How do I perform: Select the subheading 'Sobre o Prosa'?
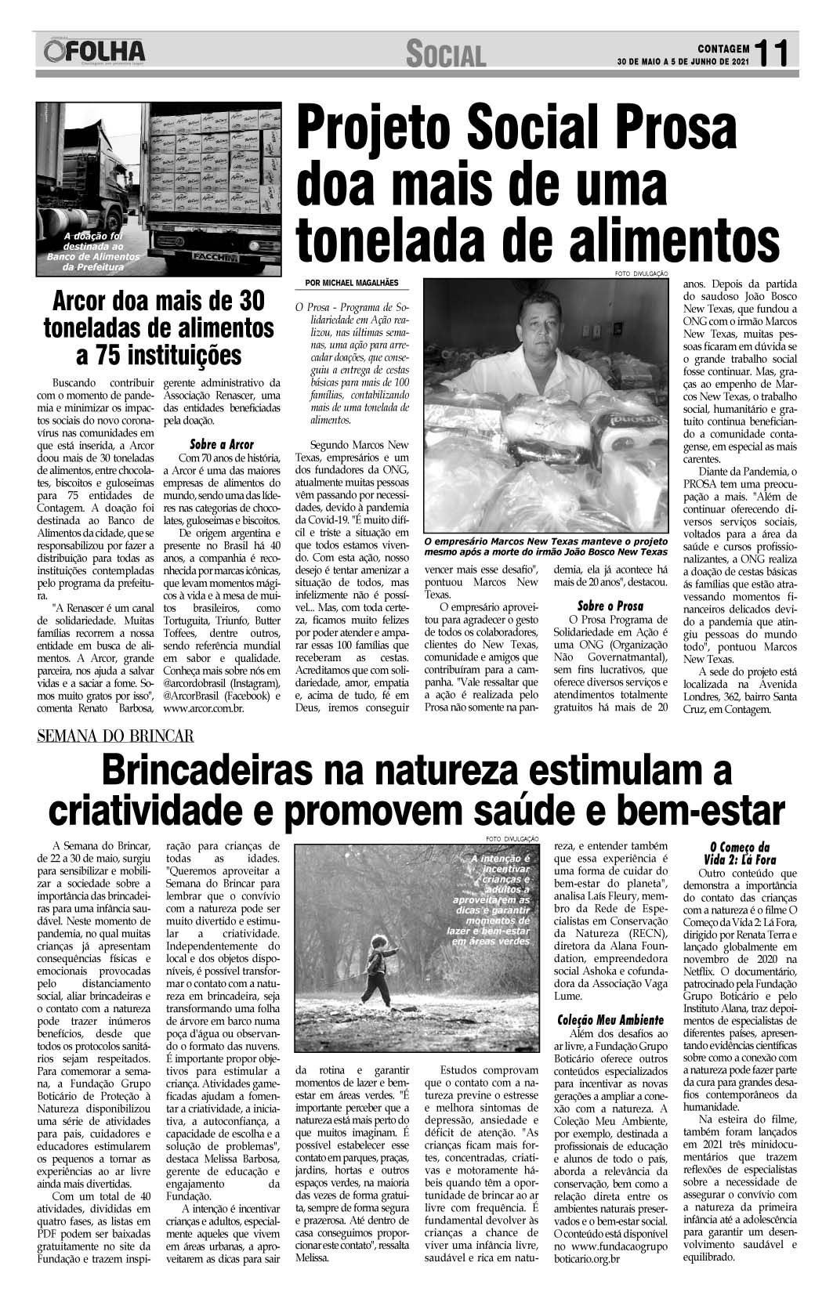click(x=610, y=606)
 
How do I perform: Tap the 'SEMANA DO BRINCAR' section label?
click(x=115, y=736)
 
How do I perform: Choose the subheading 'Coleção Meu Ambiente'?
click(x=610, y=1020)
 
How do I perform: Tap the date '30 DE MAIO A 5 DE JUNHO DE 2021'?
click(x=683, y=62)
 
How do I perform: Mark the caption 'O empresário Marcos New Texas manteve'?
click(x=545, y=546)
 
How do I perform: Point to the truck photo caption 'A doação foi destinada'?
click(x=94, y=251)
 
